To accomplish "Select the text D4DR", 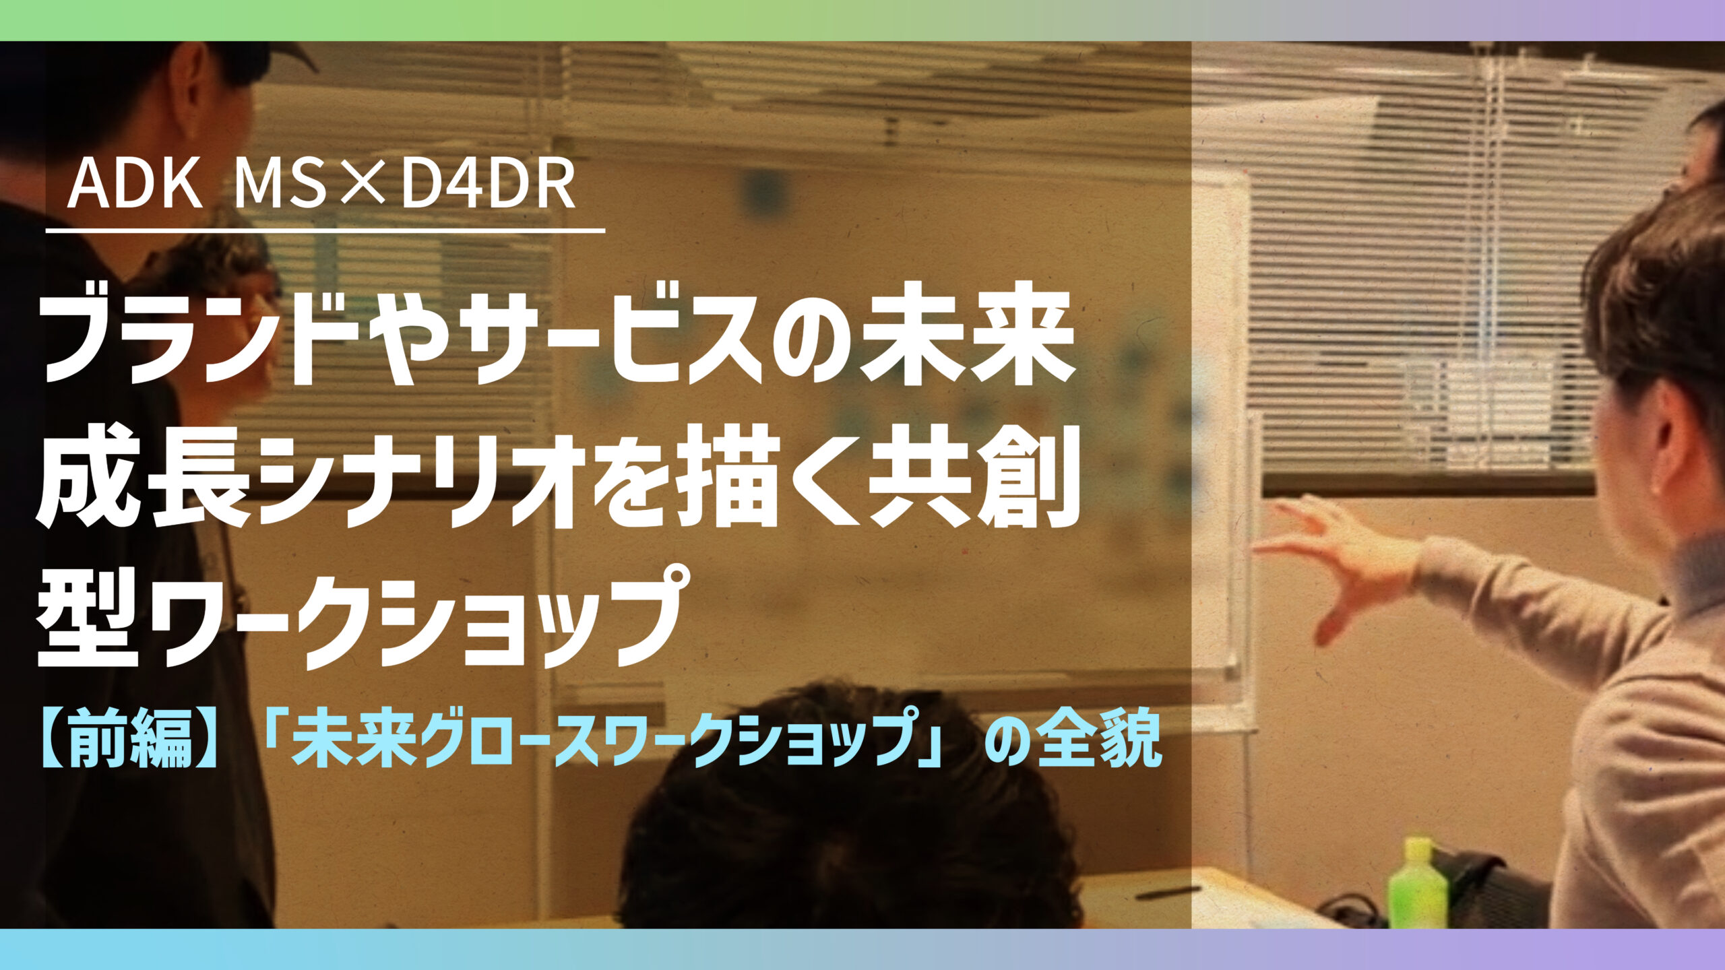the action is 489,185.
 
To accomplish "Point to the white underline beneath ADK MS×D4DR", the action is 325,231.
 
